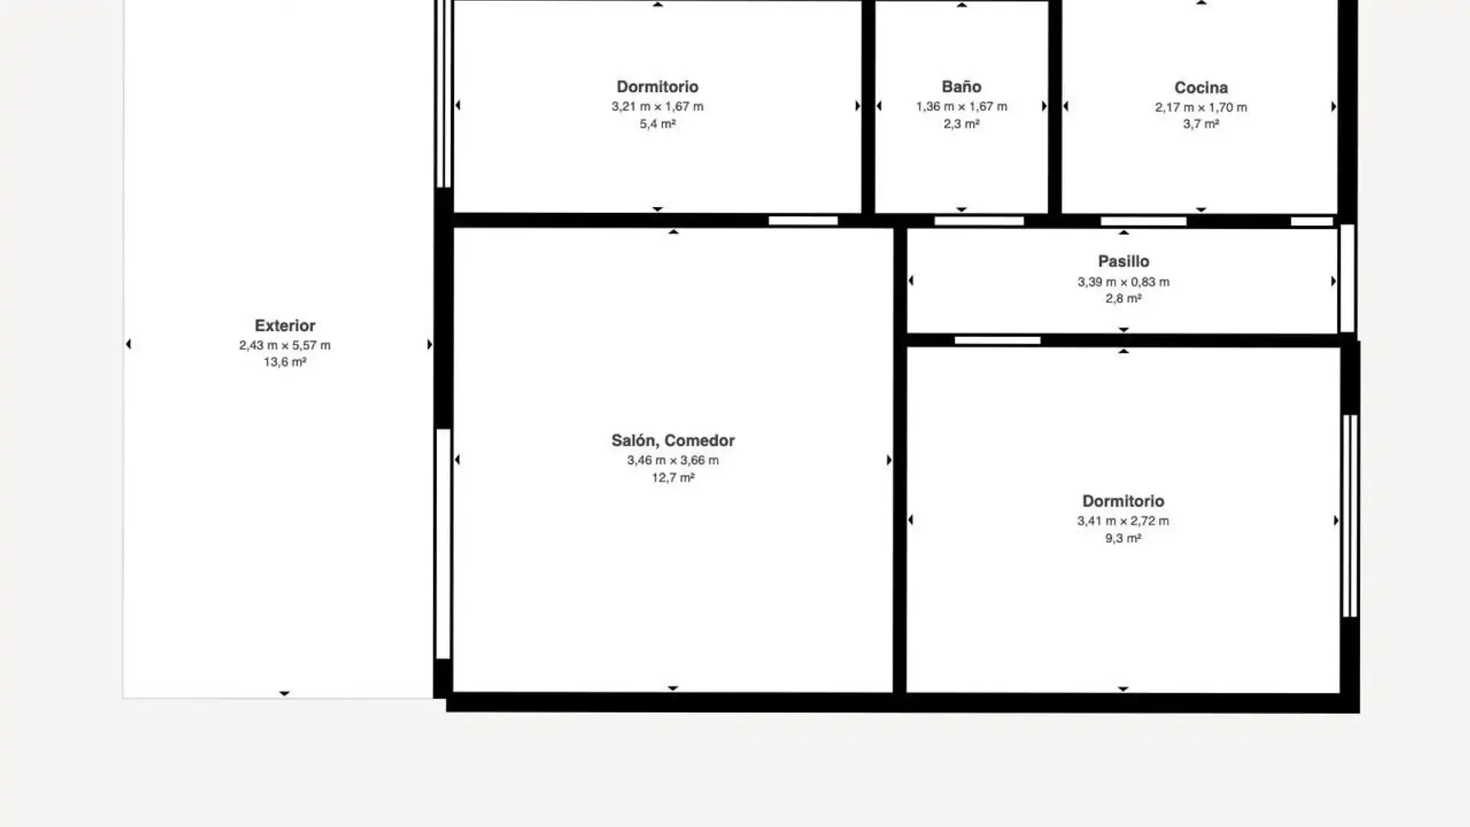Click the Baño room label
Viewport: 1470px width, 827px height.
coord(961,87)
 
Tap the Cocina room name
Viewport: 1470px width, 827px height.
coord(1200,88)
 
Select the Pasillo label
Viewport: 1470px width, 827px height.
coord(1123,262)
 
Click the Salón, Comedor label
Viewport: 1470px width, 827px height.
coord(673,441)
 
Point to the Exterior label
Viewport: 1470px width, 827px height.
coord(285,326)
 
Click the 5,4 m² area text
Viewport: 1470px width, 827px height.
coord(658,124)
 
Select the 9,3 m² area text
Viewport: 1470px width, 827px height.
coord(1123,538)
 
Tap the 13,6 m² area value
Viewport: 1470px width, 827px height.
coord(285,362)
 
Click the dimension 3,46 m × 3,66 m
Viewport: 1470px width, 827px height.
coord(673,460)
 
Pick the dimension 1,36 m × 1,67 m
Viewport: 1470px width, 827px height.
coord(962,106)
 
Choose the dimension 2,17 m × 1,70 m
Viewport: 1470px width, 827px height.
coord(1201,107)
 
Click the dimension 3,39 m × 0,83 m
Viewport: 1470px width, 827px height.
coord(1123,282)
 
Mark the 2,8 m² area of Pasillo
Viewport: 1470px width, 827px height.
coord(1123,299)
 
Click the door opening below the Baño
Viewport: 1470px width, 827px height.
coord(979,221)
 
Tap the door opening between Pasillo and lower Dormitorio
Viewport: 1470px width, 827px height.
coord(998,341)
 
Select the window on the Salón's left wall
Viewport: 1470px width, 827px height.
coord(443,544)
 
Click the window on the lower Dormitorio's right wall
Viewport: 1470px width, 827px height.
coord(1350,516)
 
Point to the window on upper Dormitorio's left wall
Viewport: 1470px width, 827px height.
coord(443,93)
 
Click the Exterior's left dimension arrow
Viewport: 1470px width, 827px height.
coord(128,345)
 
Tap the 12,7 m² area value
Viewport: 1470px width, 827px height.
coord(673,478)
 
